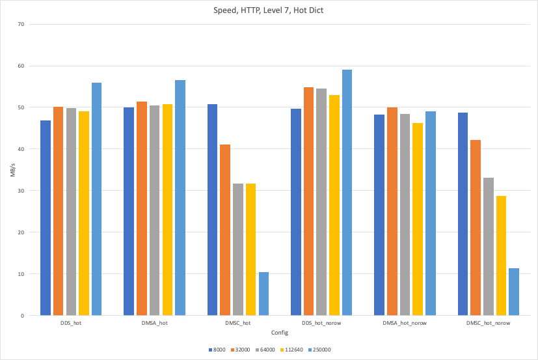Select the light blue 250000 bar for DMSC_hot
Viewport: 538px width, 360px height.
[263, 294]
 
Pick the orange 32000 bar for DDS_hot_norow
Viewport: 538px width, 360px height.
[308, 201]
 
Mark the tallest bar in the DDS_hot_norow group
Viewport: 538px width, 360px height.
[347, 193]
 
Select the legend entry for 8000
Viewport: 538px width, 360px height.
[217, 350]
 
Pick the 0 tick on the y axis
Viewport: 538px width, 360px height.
[22, 316]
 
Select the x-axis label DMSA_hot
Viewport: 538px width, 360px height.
[154, 323]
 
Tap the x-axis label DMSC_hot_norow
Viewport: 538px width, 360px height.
[488, 323]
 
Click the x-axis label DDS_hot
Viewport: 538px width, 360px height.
[71, 323]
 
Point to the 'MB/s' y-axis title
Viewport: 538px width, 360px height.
[11, 171]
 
